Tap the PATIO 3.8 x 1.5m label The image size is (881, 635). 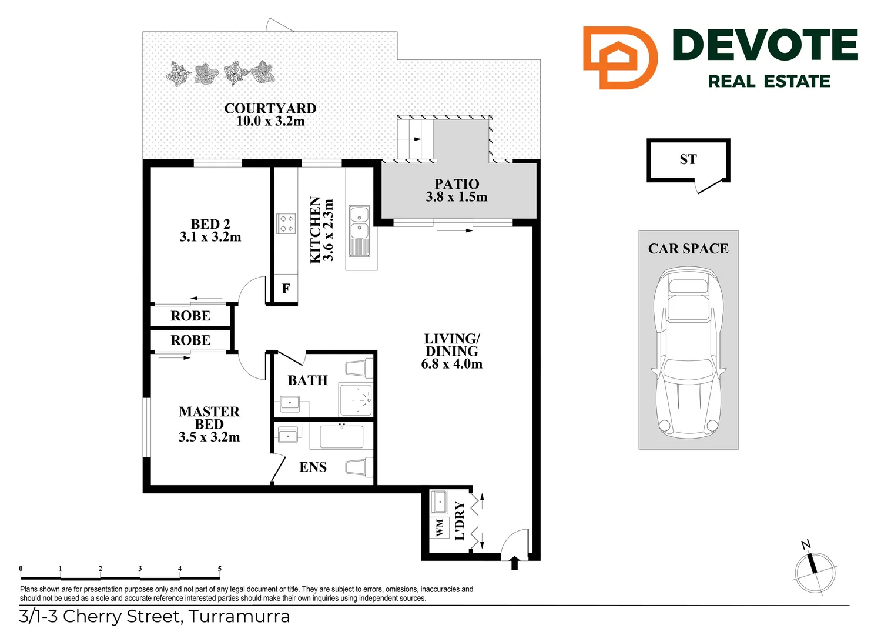pyautogui.click(x=457, y=190)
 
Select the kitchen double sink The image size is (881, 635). pyautogui.click(x=359, y=230)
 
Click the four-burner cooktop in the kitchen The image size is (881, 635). pyautogui.click(x=286, y=224)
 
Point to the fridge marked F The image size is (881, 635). pyautogui.click(x=286, y=289)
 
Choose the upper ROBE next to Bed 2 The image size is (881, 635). pyautogui.click(x=190, y=316)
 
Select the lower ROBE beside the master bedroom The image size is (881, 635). pyautogui.click(x=190, y=340)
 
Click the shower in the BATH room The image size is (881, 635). pyautogui.click(x=356, y=400)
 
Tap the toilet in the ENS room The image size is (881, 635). pyautogui.click(x=359, y=468)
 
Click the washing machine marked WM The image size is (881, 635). pyautogui.click(x=439, y=528)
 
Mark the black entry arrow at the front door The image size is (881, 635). pyautogui.click(x=515, y=563)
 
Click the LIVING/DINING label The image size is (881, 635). pyautogui.click(x=451, y=351)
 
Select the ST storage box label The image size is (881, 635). pyautogui.click(x=688, y=159)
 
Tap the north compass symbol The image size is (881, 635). pyautogui.click(x=815, y=571)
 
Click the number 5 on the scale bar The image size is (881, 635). pyautogui.click(x=220, y=569)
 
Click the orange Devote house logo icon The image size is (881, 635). pyautogui.click(x=619, y=58)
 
